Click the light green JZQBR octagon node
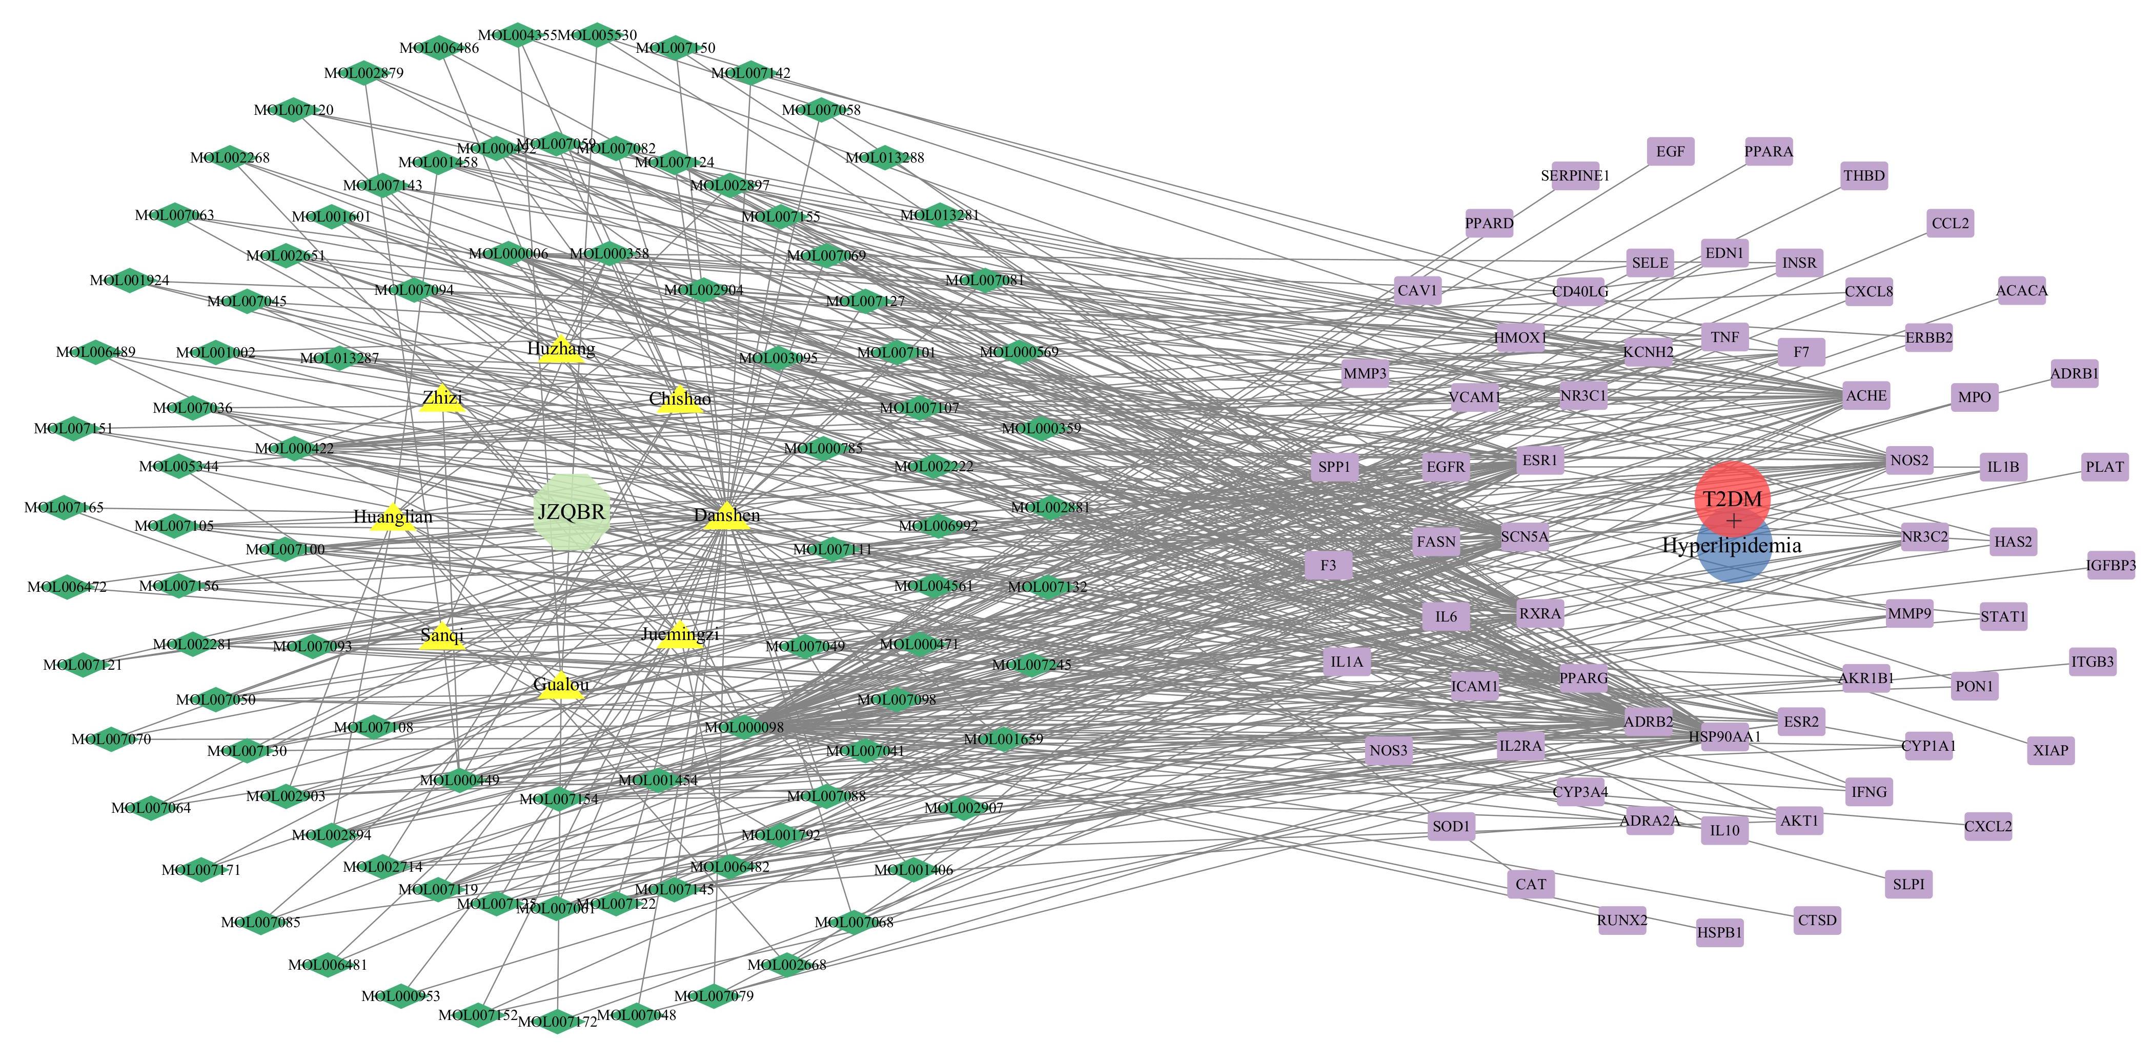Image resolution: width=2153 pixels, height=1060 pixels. [x=572, y=512]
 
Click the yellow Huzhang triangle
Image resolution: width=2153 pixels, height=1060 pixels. [x=561, y=349]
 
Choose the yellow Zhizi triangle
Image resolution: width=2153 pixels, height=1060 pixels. [x=442, y=399]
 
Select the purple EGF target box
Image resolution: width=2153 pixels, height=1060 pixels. [x=1670, y=151]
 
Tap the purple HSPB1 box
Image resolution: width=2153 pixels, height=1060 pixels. [x=1719, y=932]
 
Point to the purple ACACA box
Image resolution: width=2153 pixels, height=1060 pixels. [x=2021, y=291]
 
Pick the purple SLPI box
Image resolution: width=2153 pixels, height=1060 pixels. [x=1908, y=884]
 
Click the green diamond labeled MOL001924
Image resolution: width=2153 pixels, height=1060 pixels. [x=130, y=280]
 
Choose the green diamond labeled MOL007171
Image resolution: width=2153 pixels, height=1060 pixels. [x=200, y=869]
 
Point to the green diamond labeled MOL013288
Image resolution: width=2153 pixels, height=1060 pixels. [x=884, y=157]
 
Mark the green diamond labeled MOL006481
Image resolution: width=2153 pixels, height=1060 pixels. [x=328, y=965]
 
